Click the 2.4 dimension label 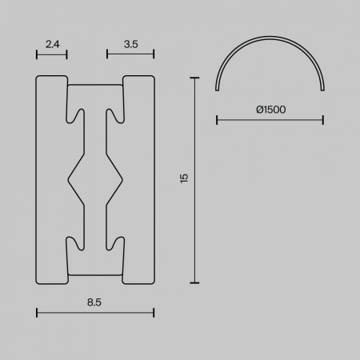coord(53,44)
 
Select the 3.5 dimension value coord(131,44)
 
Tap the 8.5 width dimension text coord(94,302)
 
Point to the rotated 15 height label coord(184,178)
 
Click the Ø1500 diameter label coord(271,110)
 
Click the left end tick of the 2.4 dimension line coord(37,54)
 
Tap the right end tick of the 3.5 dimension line coord(154,54)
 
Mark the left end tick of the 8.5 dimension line coord(37,313)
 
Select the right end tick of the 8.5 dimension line coord(154,313)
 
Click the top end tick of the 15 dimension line coord(194,78)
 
